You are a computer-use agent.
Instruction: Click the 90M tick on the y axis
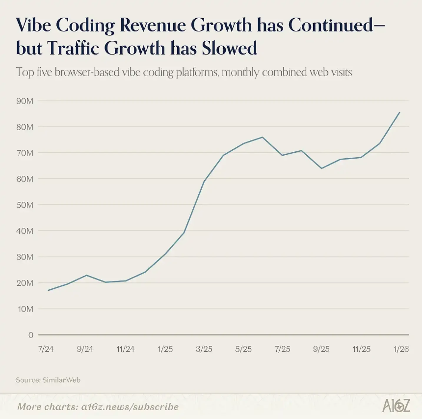25,101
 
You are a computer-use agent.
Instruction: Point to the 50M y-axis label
25,205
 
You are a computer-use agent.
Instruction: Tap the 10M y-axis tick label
25,309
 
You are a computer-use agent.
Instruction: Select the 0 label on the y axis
30,335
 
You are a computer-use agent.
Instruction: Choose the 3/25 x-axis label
204,349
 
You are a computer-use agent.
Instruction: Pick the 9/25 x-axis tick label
321,349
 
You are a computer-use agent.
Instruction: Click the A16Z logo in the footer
396,406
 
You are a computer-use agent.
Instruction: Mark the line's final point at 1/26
400,112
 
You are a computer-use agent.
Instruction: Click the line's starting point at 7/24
48,290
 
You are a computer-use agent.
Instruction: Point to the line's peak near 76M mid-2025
263,137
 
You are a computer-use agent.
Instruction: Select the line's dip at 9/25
321,168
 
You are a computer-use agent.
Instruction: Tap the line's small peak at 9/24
86,275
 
